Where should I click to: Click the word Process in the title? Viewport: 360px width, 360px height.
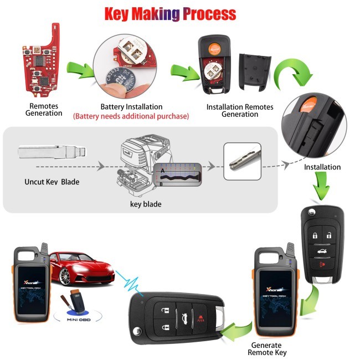(208, 13)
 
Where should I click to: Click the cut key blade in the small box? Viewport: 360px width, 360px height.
(241, 161)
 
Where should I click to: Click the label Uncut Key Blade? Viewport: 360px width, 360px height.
(53, 182)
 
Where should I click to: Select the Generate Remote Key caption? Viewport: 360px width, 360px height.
(268, 348)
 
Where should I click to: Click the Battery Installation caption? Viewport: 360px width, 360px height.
(131, 106)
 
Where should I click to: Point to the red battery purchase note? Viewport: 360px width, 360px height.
(131, 116)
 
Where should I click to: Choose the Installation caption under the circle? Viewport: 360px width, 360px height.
(322, 167)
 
